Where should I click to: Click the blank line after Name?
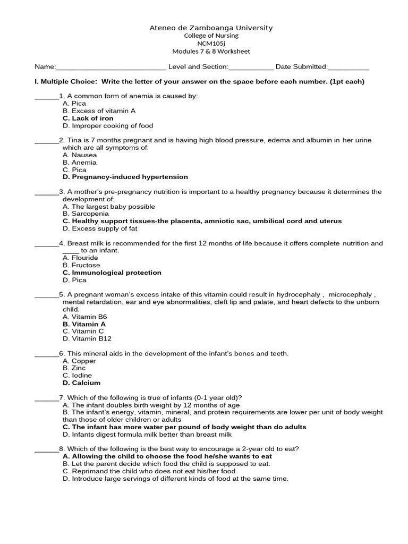(x=111, y=67)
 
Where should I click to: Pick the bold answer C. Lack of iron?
(x=88, y=118)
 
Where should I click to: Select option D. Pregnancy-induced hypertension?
(x=125, y=177)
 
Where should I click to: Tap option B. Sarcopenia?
(x=86, y=214)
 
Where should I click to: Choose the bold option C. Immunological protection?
(x=112, y=273)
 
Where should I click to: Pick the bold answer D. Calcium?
(x=81, y=383)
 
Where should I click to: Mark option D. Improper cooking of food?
(x=107, y=126)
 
